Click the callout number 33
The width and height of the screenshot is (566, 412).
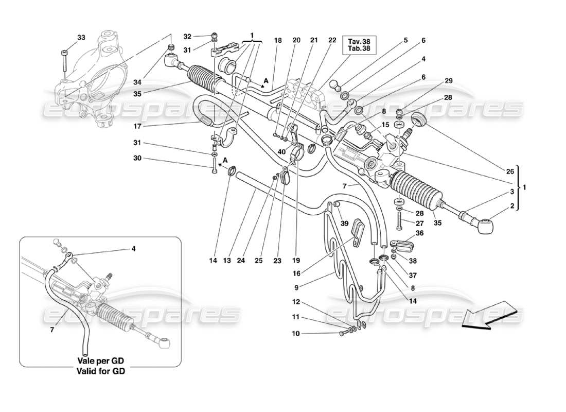81,38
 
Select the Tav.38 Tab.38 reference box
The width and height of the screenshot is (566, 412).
361,45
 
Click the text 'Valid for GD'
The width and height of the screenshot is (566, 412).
101,370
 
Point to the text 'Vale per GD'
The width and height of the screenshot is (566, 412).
101,361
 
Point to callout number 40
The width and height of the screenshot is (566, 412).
281,151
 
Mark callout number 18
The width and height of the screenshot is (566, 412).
278,41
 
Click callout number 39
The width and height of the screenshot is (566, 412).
344,223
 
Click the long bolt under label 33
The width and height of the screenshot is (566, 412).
63,61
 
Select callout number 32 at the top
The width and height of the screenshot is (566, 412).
187,37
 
